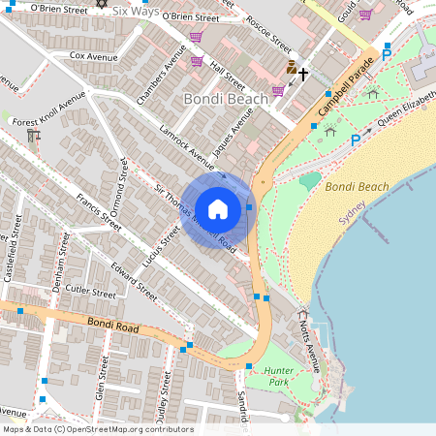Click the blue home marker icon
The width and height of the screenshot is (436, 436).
pos(218,209)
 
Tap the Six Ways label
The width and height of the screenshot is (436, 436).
pos(136,11)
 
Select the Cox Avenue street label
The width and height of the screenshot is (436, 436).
pos(93,56)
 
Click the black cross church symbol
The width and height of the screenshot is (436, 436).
pos(303,73)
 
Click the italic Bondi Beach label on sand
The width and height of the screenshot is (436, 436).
pos(357,186)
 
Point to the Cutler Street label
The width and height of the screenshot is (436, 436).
pos(90,291)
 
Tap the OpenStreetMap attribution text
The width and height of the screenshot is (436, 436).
pos(97,429)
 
